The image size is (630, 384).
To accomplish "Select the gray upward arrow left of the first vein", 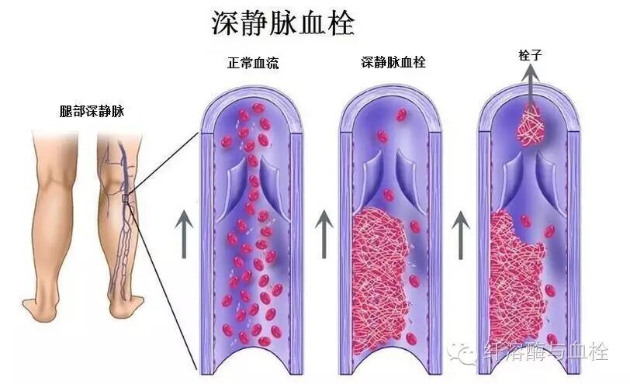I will click(183, 234).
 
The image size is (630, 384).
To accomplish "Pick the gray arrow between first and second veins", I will click(324, 234).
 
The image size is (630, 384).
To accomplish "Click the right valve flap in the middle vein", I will click(407, 171).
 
